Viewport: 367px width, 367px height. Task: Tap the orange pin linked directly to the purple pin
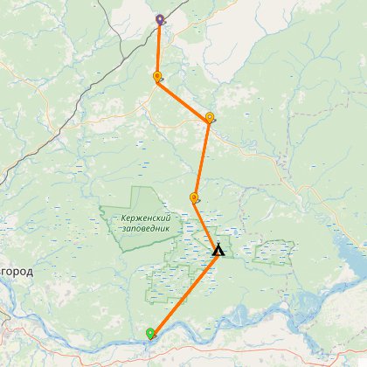click(x=157, y=77)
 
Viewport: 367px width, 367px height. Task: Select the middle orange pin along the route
click(x=209, y=117)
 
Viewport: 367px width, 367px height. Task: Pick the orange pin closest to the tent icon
click(x=193, y=197)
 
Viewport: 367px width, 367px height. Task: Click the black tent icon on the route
click(x=218, y=252)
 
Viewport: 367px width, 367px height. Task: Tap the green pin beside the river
click(x=150, y=332)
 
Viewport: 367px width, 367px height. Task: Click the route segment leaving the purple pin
click(x=158, y=48)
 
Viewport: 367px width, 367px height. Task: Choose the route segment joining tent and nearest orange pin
click(x=205, y=225)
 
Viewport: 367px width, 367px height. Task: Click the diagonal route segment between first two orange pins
click(x=183, y=98)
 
